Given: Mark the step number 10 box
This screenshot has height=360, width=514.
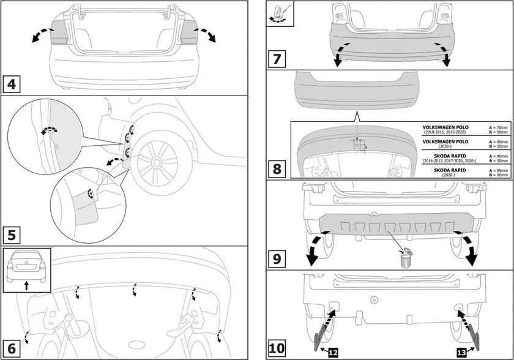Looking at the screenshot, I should point(277,348).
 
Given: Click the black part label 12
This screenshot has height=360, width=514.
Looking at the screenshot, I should point(333,352).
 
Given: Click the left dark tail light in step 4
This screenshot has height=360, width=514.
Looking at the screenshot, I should point(59,31).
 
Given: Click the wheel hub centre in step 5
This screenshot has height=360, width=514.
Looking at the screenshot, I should point(156,162).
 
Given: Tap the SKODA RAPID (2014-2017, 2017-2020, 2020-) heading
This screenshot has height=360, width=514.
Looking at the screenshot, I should point(445,156).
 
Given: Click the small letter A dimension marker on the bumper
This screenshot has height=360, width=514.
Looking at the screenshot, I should point(365,147).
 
